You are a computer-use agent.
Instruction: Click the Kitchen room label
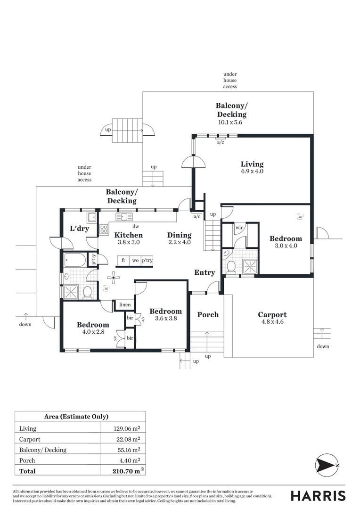tap(128, 235)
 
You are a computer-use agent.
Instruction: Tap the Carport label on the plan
tap(272, 315)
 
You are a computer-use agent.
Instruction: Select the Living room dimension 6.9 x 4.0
tap(252, 172)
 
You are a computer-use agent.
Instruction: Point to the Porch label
tap(208, 315)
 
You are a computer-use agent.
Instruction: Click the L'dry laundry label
tap(79, 229)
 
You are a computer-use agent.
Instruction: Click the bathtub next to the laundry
tap(75, 260)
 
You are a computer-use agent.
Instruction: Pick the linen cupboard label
tap(125, 305)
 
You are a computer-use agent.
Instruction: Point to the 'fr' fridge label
tap(123, 261)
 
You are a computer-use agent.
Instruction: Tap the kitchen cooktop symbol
tap(104, 230)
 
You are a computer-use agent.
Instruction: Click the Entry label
tap(205, 272)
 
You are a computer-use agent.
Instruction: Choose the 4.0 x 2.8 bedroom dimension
tap(93, 332)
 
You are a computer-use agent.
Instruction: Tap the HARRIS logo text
tap(318, 496)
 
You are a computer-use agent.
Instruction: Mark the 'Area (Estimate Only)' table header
tap(76, 417)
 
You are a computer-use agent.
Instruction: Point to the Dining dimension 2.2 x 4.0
tap(180, 243)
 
